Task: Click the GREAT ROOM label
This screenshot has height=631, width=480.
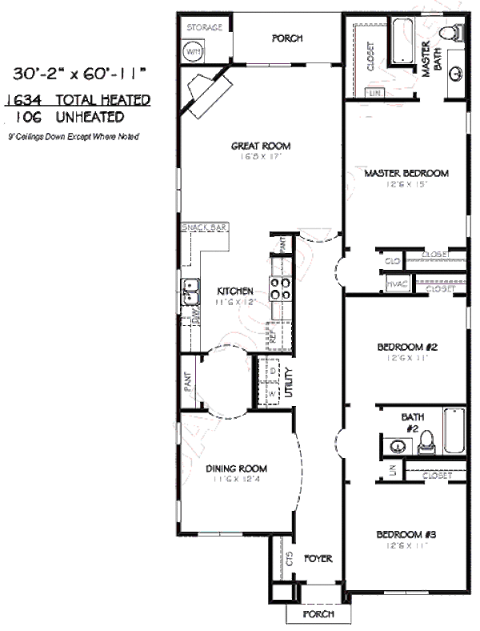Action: pos(260,146)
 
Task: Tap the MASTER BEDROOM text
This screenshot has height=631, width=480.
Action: pos(406,173)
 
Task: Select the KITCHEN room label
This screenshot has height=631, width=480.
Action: pos(235,291)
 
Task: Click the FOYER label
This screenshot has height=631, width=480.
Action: pos(318,558)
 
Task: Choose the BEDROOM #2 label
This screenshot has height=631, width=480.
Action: pos(406,348)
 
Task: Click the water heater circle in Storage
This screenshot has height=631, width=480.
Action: pos(193,52)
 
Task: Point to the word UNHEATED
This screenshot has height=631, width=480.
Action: pos(90,117)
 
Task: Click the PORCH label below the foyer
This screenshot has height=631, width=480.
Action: pos(318,615)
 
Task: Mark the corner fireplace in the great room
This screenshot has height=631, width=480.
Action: pos(205,88)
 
